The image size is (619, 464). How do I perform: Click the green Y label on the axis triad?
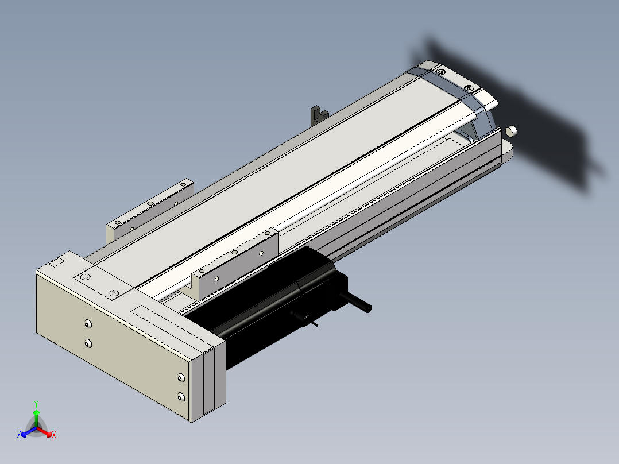(36, 404)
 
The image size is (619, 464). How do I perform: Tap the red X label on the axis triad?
(54, 435)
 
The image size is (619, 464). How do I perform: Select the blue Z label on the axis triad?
(19, 434)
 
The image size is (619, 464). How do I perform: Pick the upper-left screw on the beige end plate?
(88, 324)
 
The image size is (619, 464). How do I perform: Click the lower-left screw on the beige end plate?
(88, 343)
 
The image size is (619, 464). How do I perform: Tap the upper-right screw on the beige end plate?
(181, 378)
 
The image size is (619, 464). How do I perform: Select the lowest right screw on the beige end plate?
(181, 397)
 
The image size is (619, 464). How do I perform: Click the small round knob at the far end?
(511, 131)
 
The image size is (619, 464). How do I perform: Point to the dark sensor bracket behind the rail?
(319, 115)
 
